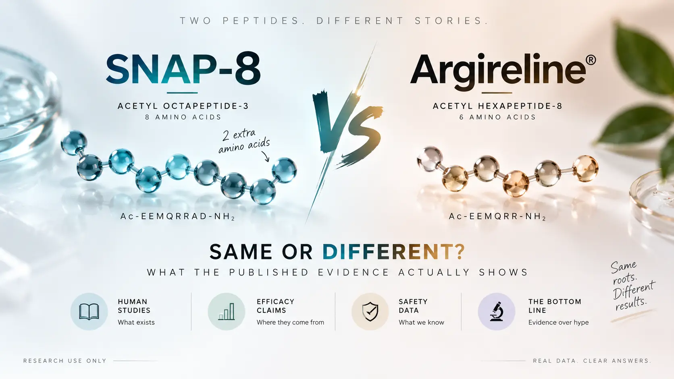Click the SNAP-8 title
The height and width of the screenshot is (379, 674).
click(x=183, y=69)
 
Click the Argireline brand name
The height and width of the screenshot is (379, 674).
click(x=498, y=72)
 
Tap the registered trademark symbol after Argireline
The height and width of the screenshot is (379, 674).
click(x=591, y=60)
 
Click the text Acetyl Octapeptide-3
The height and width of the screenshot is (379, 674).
click(x=183, y=106)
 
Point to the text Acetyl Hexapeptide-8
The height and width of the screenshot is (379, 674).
click(x=498, y=106)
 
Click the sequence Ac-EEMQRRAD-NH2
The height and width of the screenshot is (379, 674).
click(x=177, y=216)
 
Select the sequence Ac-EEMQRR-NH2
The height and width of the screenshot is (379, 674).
click(x=497, y=216)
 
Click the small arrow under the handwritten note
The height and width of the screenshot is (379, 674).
click(x=265, y=156)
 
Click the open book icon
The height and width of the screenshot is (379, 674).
click(x=89, y=311)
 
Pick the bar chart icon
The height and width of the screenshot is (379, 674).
click(x=226, y=311)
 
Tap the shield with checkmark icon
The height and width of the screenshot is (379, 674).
click(x=370, y=311)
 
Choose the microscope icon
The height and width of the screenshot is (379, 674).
click(x=497, y=311)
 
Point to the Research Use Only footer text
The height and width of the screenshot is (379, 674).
click(x=65, y=360)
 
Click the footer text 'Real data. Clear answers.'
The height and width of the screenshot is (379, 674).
click(x=592, y=360)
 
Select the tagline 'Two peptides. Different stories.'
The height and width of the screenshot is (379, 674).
click(x=334, y=21)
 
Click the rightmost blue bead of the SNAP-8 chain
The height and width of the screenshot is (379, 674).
click(x=284, y=170)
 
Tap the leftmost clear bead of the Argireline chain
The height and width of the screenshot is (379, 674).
click(x=430, y=159)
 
